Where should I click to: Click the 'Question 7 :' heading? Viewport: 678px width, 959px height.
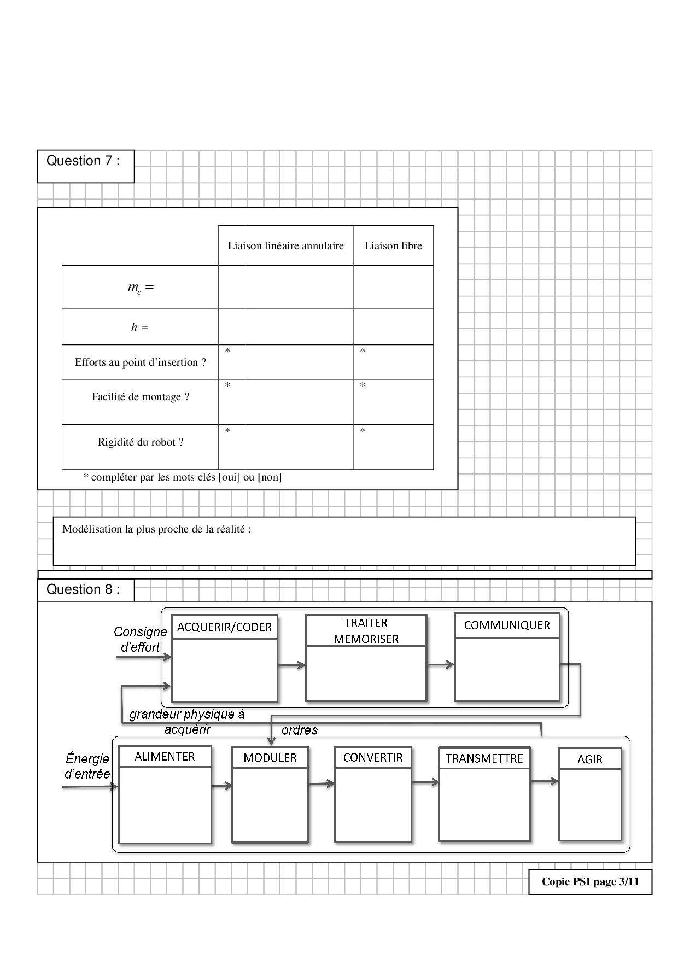coord(83,161)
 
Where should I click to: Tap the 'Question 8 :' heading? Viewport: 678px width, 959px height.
coord(83,589)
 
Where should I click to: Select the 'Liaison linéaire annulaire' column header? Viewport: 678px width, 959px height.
coord(285,246)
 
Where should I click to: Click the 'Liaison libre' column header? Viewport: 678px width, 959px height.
coord(393,246)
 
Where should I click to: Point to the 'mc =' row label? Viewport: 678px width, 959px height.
coord(141,288)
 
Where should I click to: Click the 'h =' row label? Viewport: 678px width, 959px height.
coord(140,328)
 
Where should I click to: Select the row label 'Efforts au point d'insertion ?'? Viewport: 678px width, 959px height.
coord(141,362)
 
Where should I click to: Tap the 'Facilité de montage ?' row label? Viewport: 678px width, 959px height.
coord(141,397)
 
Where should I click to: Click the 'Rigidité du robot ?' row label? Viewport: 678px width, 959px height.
coord(141,442)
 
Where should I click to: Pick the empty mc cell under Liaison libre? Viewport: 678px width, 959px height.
coord(393,288)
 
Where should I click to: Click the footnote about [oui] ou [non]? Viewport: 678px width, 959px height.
coord(183,477)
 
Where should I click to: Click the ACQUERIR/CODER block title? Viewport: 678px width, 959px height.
coord(224,627)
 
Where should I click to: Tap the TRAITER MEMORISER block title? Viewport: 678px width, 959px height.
coord(366,631)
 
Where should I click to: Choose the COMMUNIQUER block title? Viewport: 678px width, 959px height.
coord(507,626)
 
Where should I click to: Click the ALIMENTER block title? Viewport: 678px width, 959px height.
coord(165,757)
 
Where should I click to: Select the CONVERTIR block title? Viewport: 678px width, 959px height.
coord(373,758)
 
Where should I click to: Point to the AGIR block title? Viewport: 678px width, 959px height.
coord(590,759)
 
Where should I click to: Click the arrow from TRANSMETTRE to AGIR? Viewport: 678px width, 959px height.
coord(544,781)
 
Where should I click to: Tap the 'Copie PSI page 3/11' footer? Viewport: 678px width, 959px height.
coord(590,881)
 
